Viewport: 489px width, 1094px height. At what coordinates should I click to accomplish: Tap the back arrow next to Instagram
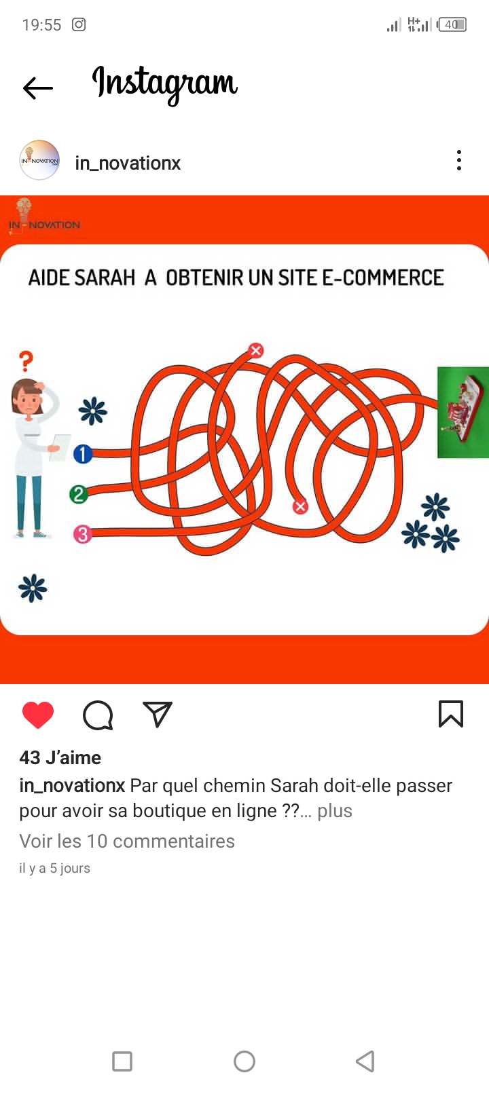[37, 88]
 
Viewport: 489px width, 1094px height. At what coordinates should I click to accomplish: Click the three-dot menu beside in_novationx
[458, 160]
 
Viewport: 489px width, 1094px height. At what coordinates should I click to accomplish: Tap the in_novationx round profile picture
[39, 160]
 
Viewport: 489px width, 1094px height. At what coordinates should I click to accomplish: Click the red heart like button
[38, 715]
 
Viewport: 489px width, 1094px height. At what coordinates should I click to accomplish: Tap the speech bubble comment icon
[98, 715]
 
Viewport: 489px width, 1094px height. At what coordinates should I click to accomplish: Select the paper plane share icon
[157, 714]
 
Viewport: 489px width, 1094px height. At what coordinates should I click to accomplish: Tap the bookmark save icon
[451, 714]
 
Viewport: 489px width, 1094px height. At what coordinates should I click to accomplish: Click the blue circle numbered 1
[83, 454]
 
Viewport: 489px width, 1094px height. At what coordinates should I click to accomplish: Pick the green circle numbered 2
[79, 494]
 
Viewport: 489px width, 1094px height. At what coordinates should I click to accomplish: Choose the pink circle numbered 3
[83, 534]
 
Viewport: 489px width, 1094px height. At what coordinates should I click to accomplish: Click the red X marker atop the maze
[256, 350]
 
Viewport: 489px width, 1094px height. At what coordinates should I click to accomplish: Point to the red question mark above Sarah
[26, 362]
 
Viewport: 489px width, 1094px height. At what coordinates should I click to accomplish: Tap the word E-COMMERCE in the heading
[382, 278]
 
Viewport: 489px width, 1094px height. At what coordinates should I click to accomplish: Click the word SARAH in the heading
[105, 278]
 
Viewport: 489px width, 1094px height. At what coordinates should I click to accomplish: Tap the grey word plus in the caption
[334, 811]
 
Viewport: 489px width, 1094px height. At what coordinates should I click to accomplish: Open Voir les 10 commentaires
[127, 842]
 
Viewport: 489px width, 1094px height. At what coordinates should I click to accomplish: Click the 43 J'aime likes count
[60, 758]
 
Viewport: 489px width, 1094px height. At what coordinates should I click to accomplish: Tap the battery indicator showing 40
[452, 24]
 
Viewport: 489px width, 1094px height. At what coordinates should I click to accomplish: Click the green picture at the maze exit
[463, 413]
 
